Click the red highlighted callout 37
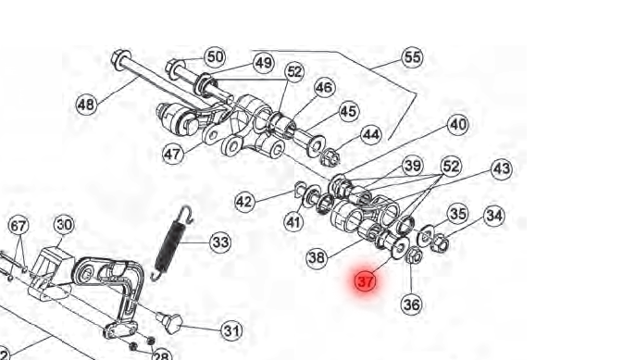(x=365, y=281)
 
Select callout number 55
(x=412, y=57)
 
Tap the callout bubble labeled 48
(x=87, y=105)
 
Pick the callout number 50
(x=215, y=56)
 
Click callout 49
(x=264, y=63)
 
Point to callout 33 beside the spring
(x=220, y=242)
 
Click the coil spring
(x=172, y=242)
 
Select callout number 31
(x=231, y=330)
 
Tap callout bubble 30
(x=64, y=225)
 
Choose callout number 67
(x=19, y=226)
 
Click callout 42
(x=244, y=202)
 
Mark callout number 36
(x=411, y=304)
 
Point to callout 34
(x=494, y=216)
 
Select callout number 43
(x=502, y=168)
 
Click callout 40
(x=458, y=125)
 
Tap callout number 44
(x=371, y=135)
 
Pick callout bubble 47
(x=173, y=154)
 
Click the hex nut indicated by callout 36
(x=414, y=255)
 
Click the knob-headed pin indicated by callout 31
(x=170, y=322)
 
